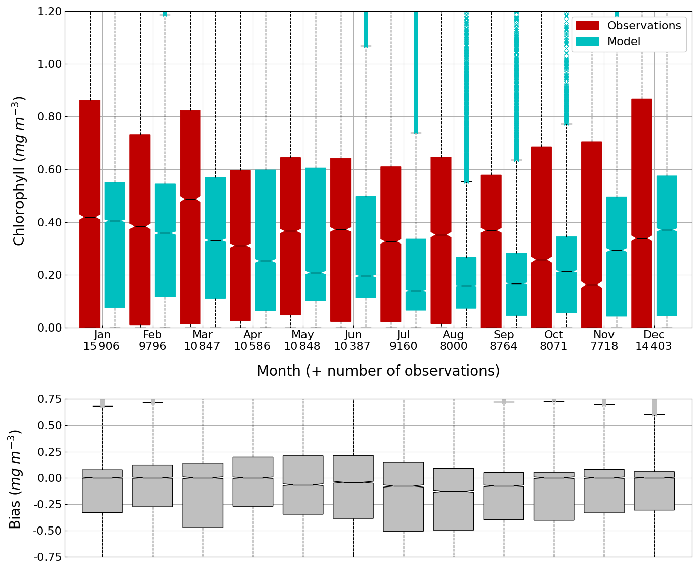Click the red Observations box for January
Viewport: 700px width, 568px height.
coord(90,213)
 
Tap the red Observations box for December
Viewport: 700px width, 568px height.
coord(641,213)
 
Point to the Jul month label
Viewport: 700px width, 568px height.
coord(403,335)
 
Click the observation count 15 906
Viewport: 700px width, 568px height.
coord(102,347)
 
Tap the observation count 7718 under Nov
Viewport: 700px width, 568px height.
coord(604,347)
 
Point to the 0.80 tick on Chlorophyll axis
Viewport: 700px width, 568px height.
coord(50,117)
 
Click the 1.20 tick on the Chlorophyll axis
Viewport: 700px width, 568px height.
coord(50,12)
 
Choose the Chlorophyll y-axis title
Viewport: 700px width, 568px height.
coord(19,170)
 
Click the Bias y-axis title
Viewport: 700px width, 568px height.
coord(15,479)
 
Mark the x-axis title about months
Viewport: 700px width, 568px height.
coord(378,371)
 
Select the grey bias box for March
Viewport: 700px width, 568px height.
coord(203,495)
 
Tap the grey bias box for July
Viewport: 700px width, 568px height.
coord(403,496)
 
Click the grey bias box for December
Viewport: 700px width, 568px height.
coord(654,491)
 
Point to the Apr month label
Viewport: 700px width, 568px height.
coord(253,335)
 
